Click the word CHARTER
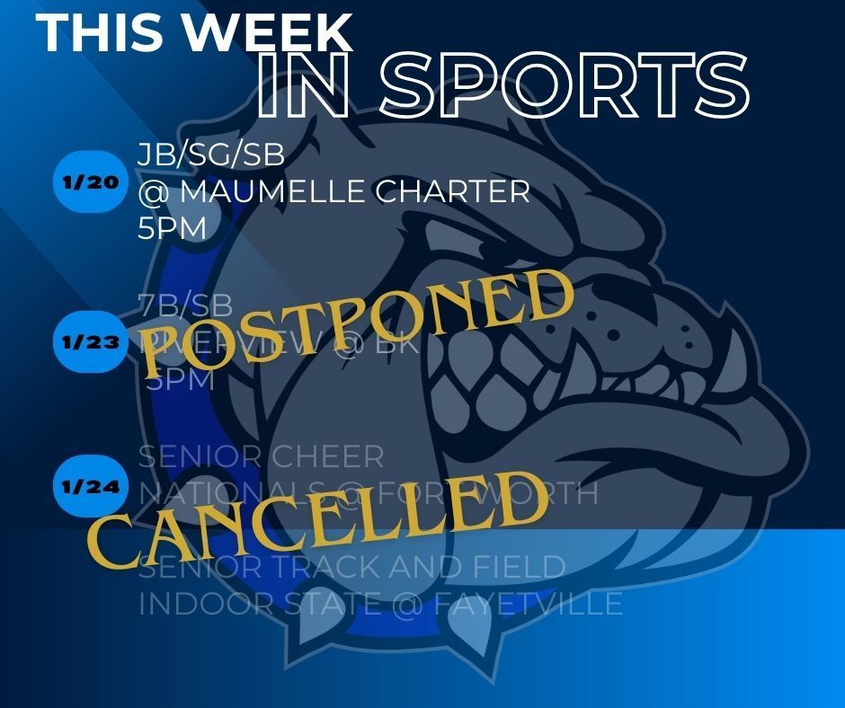(x=450, y=192)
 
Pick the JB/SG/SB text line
(x=211, y=155)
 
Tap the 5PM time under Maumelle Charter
(x=172, y=229)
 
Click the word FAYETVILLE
(x=530, y=603)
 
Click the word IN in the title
(x=302, y=87)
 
